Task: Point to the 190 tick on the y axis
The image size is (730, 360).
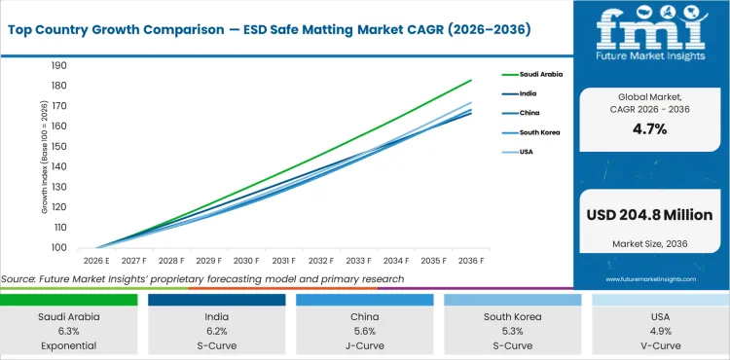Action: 59,66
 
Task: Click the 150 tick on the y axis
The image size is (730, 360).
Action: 59,147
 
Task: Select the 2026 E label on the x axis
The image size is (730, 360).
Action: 96,261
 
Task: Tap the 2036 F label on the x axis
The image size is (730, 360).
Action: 471,261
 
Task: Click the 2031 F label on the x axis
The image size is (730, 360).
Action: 283,261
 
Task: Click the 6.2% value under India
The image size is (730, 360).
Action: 217,330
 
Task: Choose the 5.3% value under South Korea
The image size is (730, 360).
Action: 513,330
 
